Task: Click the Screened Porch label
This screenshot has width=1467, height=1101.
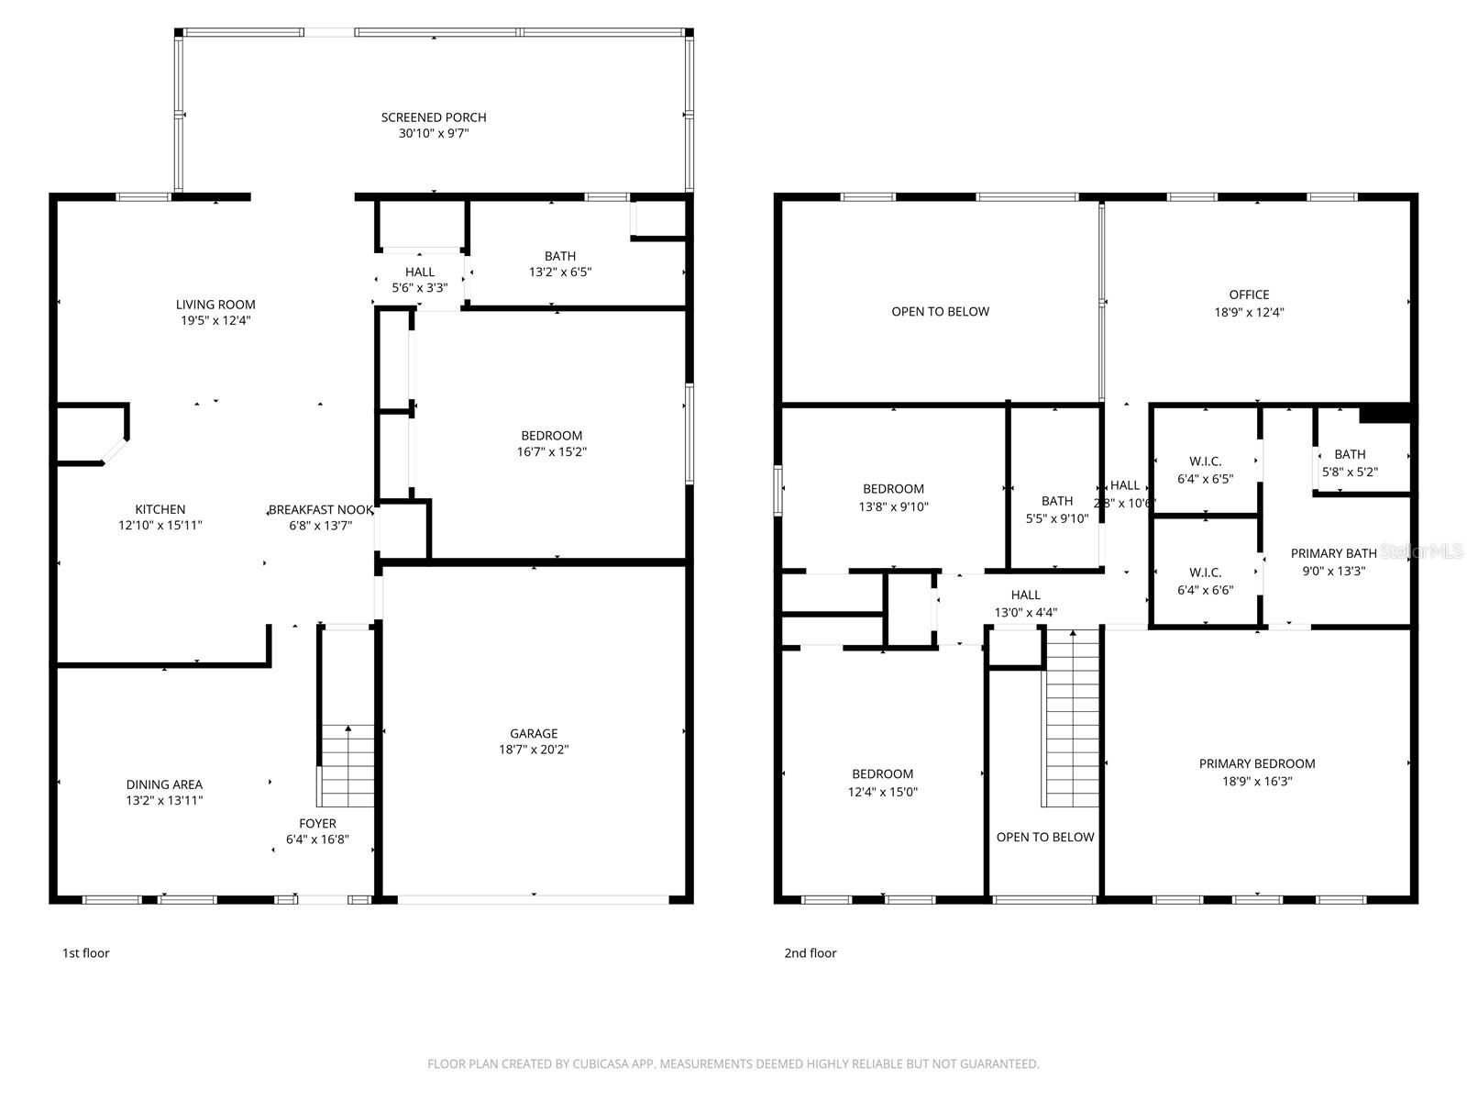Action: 434,117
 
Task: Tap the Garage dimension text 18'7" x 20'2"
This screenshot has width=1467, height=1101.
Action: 534,750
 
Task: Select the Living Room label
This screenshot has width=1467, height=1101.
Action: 215,305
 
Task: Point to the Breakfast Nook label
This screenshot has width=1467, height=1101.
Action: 321,510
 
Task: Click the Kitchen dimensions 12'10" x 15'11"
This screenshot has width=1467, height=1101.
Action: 160,526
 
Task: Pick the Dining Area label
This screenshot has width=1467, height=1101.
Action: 164,784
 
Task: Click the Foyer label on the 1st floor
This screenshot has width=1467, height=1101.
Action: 317,824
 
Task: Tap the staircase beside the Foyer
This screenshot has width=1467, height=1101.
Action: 347,766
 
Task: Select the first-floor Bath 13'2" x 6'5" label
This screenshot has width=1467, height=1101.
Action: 560,256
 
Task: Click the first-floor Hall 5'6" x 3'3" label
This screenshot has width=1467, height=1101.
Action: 420,272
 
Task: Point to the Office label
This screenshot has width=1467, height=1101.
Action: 1249,295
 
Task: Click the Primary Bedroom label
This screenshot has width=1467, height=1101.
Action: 1257,763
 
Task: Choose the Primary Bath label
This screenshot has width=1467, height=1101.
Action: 1333,553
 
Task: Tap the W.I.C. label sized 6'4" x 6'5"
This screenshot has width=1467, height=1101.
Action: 1205,462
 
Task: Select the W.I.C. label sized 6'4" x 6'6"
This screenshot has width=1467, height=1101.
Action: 1205,573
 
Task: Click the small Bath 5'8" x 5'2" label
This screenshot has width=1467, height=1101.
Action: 1350,454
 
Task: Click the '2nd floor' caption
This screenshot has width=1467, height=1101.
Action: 810,953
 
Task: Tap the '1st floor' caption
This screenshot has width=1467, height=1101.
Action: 85,953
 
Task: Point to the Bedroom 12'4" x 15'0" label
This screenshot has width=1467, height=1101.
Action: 882,774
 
